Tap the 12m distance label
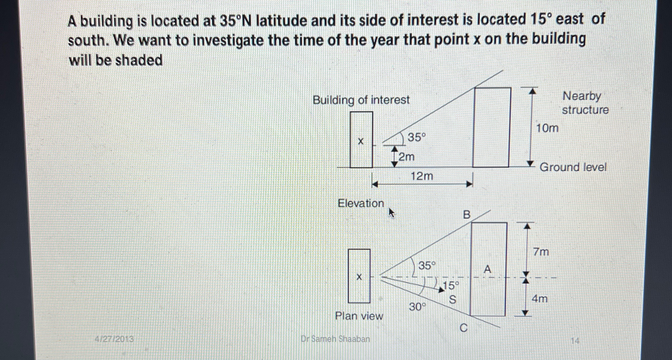[422, 176]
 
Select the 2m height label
[407, 157]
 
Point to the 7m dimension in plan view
[541, 252]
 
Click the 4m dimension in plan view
[539, 299]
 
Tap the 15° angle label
[451, 286]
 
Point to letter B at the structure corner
[466, 215]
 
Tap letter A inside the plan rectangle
[488, 270]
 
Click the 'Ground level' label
[573, 167]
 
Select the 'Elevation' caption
[361, 203]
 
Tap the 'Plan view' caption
[359, 316]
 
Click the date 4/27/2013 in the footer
[114, 339]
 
